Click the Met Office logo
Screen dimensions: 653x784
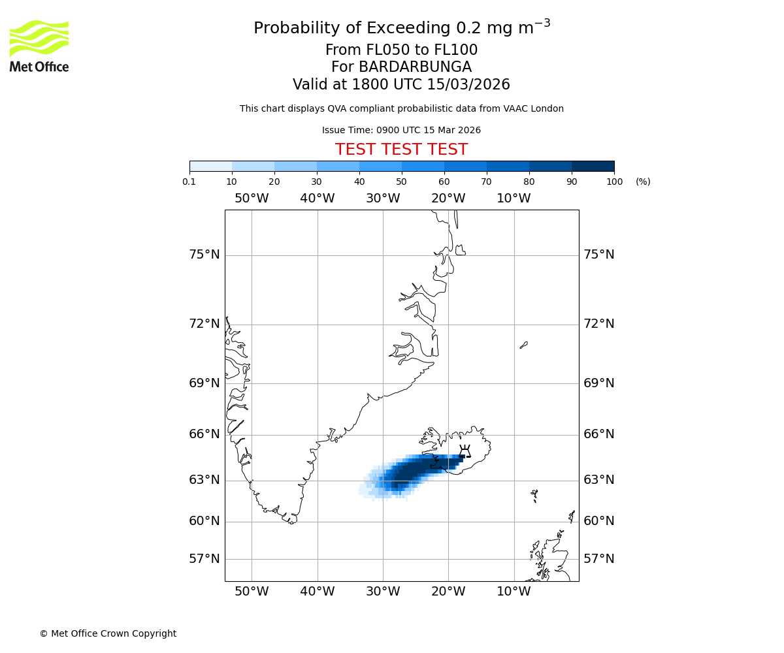coord(39,46)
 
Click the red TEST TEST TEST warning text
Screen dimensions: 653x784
coord(401,150)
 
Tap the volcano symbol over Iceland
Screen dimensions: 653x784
coord(465,451)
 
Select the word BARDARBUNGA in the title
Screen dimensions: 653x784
coord(401,67)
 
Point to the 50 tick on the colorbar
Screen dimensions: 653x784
coord(402,182)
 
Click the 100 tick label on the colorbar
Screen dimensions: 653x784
coord(614,182)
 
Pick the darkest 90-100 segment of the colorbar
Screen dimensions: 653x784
coord(593,166)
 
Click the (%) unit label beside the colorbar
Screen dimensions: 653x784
coord(643,182)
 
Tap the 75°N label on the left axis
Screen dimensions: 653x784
coord(204,255)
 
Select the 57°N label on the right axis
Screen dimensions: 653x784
coord(598,559)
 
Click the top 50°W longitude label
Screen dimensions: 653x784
coord(252,199)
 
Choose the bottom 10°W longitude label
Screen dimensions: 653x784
coord(514,592)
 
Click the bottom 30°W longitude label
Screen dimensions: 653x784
coord(383,592)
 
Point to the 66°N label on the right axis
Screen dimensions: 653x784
coord(598,434)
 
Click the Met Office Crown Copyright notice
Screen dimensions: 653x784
coord(108,633)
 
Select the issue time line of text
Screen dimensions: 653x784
coord(401,130)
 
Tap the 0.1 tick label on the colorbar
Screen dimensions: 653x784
coord(189,182)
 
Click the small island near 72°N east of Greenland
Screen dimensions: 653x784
coord(524,345)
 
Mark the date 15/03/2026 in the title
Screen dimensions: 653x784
coord(468,85)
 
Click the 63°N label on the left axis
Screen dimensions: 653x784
coord(204,480)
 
